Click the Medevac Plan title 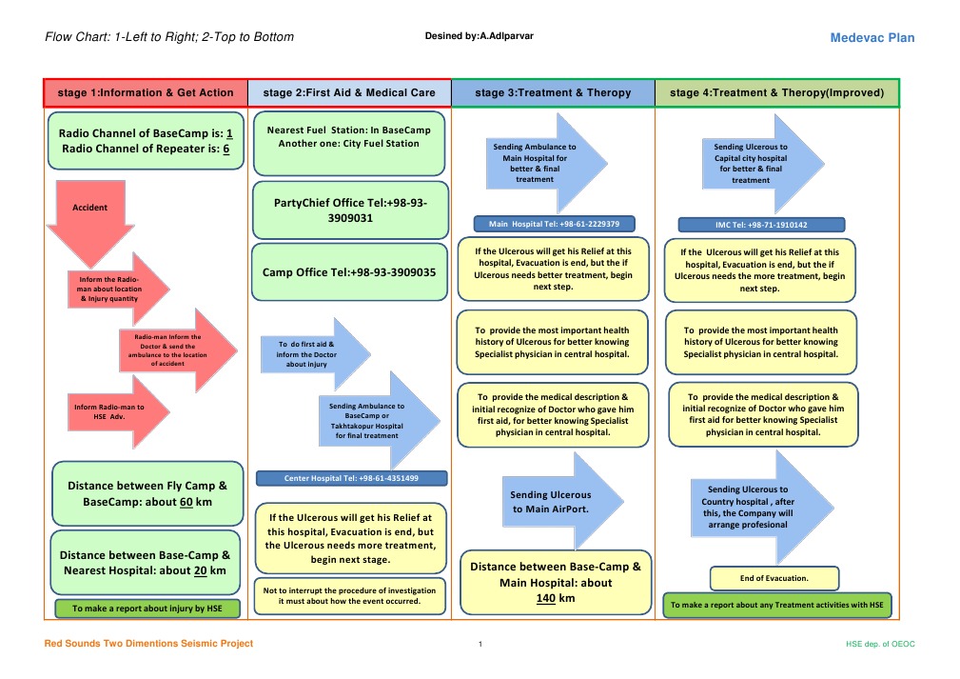click(872, 38)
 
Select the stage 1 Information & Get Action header click(146, 93)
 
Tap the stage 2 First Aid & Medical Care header click(349, 93)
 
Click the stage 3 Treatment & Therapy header click(553, 93)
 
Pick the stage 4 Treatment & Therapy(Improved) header click(776, 93)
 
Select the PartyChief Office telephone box click(349, 210)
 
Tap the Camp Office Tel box click(349, 272)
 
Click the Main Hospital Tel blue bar click(554, 225)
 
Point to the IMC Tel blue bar click(761, 225)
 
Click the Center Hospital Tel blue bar click(351, 478)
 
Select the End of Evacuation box click(774, 578)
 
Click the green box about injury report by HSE click(147, 608)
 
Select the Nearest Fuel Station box click(348, 144)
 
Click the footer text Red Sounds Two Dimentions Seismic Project click(149, 644)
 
